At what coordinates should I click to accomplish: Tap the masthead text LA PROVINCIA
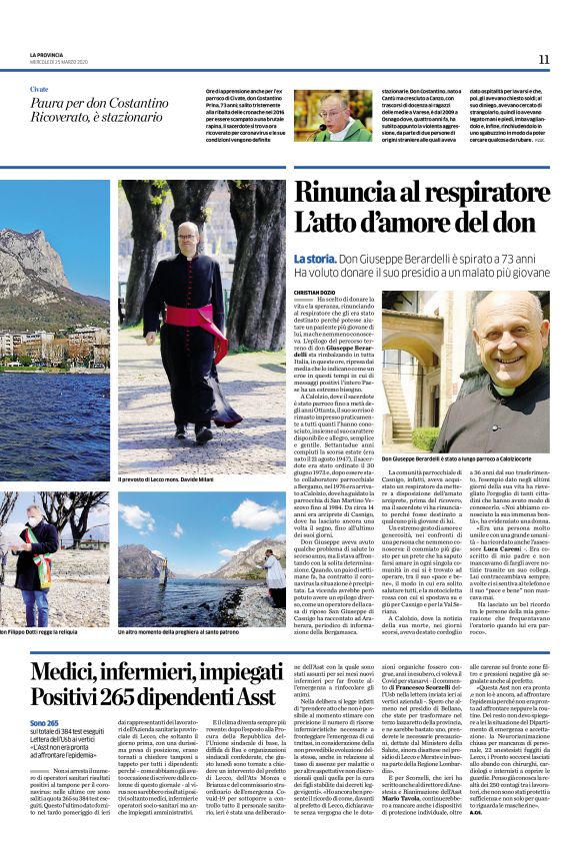pos(46,54)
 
